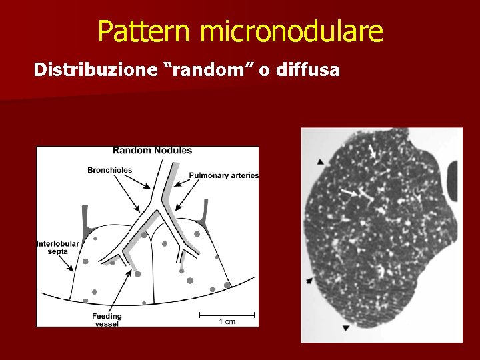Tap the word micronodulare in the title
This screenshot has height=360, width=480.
pos(291,31)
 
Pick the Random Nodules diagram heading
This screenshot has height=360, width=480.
pos(152,151)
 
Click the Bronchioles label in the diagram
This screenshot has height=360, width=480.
pos(109,170)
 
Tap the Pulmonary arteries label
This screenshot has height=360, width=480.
pos(223,175)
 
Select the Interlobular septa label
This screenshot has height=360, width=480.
pos(57,247)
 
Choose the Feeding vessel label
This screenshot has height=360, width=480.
pos(107,319)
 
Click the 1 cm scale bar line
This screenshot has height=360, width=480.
pos(227,314)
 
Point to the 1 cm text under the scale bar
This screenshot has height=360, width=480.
pos(227,322)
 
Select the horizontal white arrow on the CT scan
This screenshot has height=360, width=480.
pos(349,193)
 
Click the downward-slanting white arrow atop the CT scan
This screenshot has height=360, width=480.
pos(372,152)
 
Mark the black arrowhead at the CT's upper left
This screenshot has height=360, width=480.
pos(321,161)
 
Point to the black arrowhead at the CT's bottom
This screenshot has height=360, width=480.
pos(345,327)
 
